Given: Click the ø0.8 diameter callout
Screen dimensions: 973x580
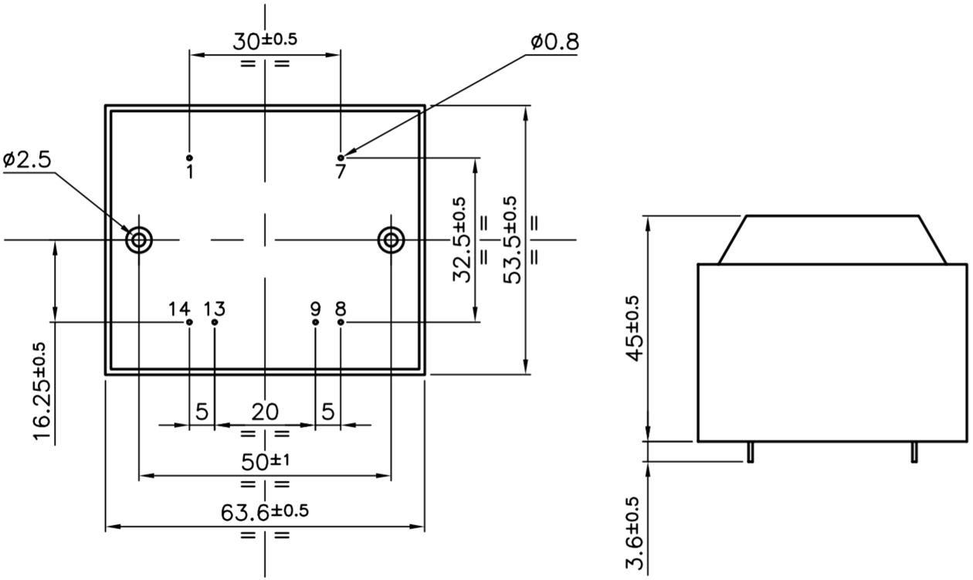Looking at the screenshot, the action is click(555, 42).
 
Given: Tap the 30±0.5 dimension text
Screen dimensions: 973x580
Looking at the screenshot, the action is click(265, 41).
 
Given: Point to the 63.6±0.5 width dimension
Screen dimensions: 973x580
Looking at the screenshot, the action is click(265, 512).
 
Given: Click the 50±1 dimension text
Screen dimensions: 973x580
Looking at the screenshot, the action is click(266, 461).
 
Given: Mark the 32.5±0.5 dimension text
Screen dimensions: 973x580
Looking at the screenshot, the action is click(461, 240).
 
